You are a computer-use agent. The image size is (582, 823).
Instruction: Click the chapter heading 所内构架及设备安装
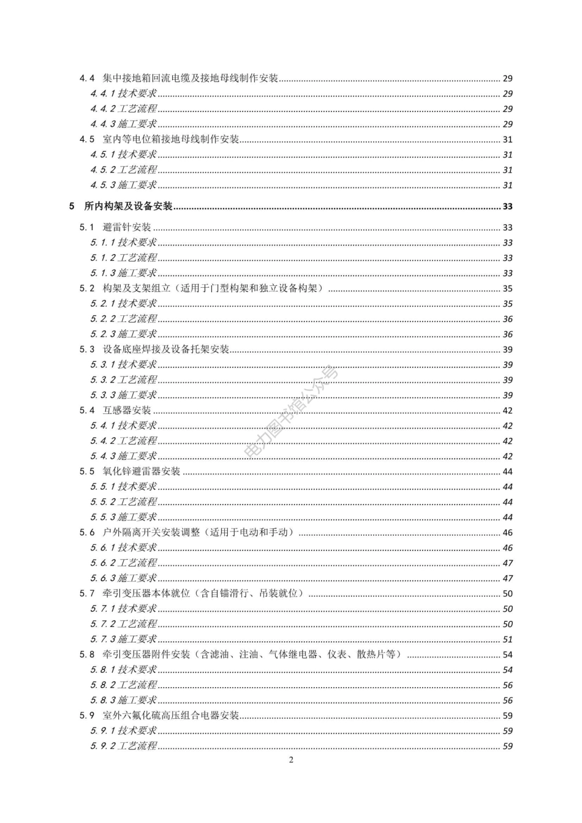pos(129,206)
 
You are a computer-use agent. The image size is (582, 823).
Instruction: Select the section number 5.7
pos(87,593)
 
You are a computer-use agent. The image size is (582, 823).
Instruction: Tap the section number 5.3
pos(87,349)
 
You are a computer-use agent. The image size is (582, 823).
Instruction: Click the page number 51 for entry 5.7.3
pos(507,639)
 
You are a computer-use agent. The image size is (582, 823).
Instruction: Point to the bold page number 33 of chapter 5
pos(507,207)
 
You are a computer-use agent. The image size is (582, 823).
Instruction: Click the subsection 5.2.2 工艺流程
pos(124,318)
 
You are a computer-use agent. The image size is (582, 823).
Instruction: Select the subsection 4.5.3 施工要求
pos(124,185)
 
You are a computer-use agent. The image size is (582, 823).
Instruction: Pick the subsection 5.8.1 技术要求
pos(124,669)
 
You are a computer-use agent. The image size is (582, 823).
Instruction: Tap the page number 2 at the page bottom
pos(291,760)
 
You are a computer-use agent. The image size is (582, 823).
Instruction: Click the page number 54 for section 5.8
pos(507,655)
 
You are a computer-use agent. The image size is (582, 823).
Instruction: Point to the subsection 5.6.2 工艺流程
pos(124,563)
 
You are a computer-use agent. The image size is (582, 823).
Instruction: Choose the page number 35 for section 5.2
pos(507,288)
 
